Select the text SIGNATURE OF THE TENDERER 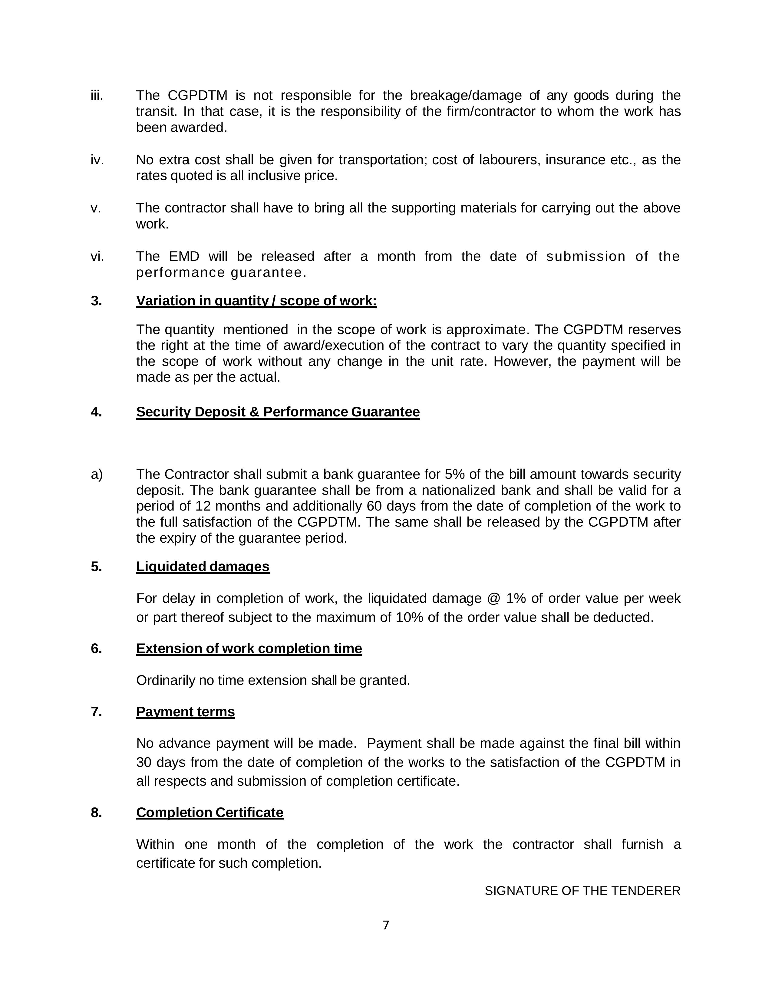coord(582,891)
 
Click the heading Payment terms coord(185,712)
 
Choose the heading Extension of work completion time coord(249,649)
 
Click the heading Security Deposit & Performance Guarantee coord(278,412)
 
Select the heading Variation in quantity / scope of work coord(256,301)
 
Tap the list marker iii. coord(97,96)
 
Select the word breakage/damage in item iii coord(466,96)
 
